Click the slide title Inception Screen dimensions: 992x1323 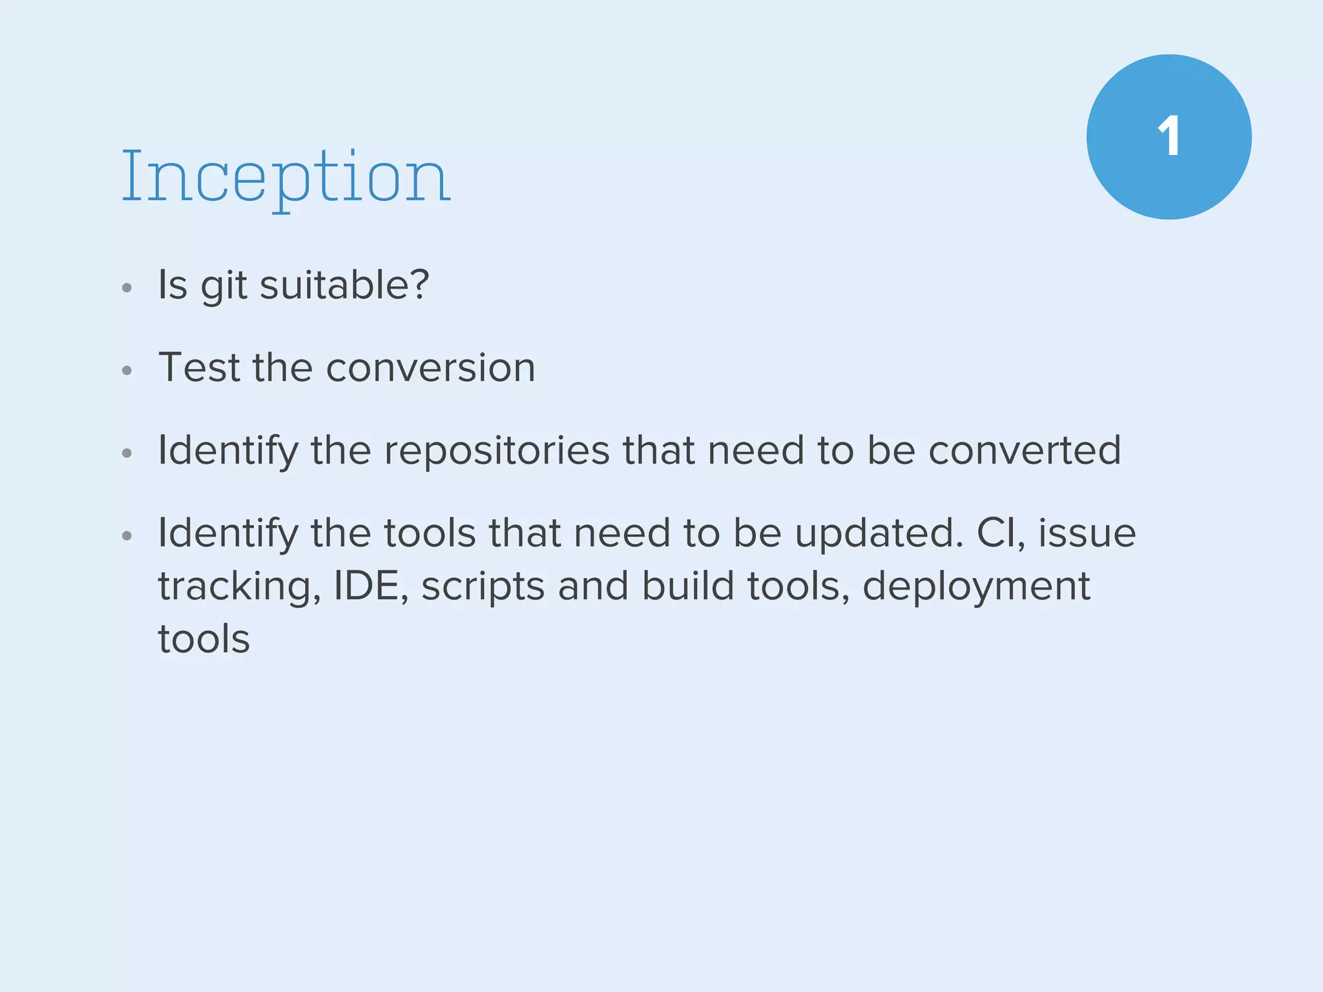click(x=286, y=176)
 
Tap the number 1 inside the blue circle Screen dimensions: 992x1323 click(x=1169, y=137)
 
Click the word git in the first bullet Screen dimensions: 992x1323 click(x=224, y=285)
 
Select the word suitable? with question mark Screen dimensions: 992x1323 click(x=344, y=284)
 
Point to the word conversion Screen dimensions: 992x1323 click(x=430, y=368)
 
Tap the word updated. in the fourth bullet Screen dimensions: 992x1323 click(x=879, y=533)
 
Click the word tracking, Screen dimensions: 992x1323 click(x=239, y=586)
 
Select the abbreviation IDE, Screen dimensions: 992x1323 click(x=371, y=586)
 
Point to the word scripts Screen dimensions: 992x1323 click(x=483, y=586)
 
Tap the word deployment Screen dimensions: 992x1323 click(x=976, y=586)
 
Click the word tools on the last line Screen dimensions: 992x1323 click(x=204, y=639)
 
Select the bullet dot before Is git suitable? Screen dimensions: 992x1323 click(x=127, y=288)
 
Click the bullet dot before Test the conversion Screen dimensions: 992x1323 click(x=127, y=371)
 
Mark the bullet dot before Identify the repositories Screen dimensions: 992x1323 click(x=127, y=453)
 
